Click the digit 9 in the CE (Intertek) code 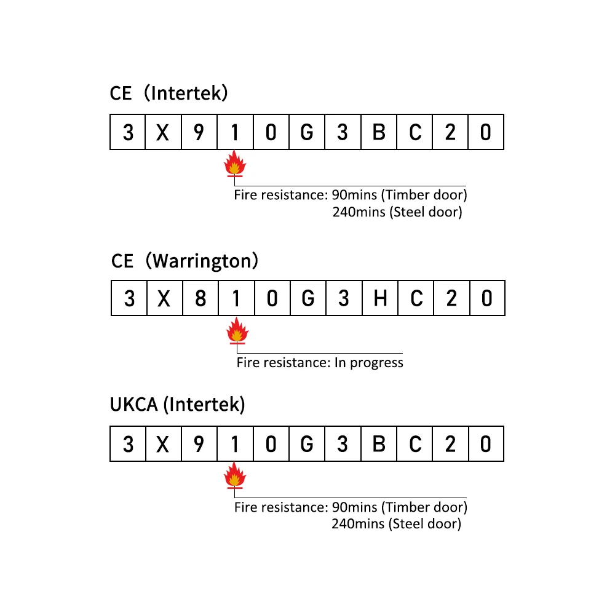(x=199, y=132)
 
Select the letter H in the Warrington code (x=380, y=298)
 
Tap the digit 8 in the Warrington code (x=200, y=298)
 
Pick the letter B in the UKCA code (x=379, y=443)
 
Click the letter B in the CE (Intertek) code (x=379, y=132)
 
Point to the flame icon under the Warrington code (x=237, y=331)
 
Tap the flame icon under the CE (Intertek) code (x=234, y=165)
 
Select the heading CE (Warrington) (x=184, y=261)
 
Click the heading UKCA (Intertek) (x=177, y=405)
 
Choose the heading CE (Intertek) (x=169, y=93)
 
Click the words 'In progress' (x=368, y=362)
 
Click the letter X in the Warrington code (x=164, y=298)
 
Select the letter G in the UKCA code (x=306, y=443)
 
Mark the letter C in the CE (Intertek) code (x=415, y=132)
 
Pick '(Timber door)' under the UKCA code (x=424, y=507)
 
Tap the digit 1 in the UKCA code (x=235, y=443)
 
